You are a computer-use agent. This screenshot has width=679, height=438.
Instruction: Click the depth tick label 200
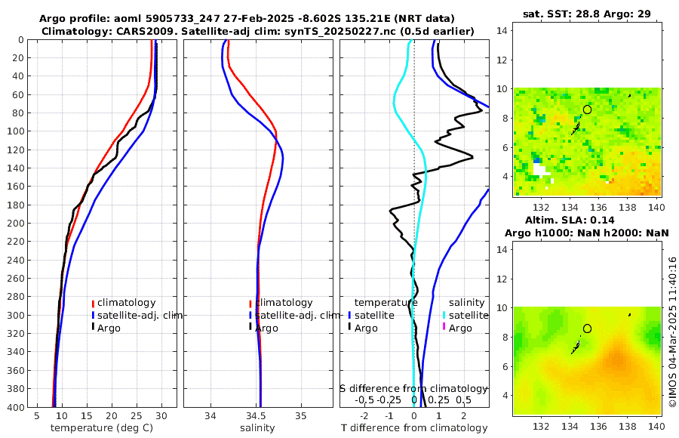tap(16, 223)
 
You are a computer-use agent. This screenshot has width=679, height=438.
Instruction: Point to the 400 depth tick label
tap(16, 407)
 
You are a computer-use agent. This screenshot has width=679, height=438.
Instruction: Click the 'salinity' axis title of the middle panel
tap(257, 428)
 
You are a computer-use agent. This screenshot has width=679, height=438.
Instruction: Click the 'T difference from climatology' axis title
tap(414, 428)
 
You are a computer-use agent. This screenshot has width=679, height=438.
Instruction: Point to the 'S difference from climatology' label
tap(413, 388)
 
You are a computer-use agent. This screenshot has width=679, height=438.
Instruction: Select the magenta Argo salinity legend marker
tap(444, 328)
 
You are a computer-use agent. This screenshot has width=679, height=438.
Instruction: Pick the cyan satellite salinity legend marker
tap(444, 315)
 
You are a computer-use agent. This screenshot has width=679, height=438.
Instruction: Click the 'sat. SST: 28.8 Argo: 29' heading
tap(587, 14)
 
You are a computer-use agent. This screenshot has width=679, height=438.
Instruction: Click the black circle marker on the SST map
tap(587, 109)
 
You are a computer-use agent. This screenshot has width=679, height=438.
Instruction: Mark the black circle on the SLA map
tap(587, 328)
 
